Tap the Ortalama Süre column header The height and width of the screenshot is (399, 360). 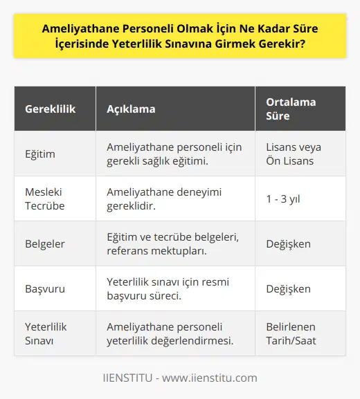tap(291, 110)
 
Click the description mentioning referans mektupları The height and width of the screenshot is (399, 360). tap(173, 243)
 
